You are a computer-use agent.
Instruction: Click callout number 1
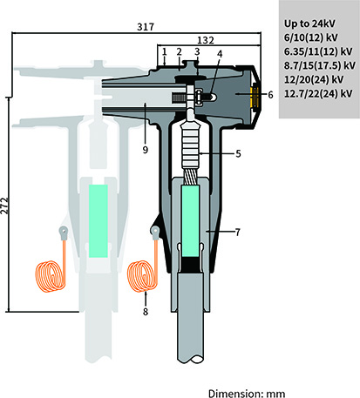[x=163, y=53]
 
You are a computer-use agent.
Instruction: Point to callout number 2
[x=179, y=53]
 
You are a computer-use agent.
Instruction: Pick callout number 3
[x=197, y=53]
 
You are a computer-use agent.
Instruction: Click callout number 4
[x=220, y=78]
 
